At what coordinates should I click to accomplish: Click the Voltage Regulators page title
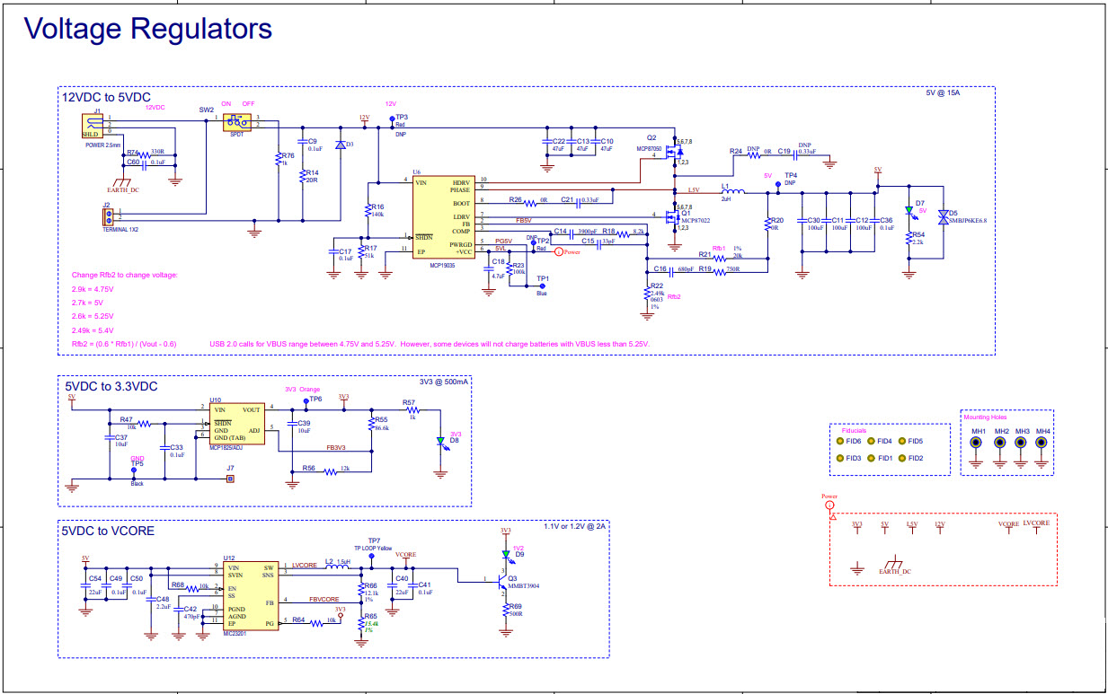coord(148,29)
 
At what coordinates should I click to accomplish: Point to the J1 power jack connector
coord(90,125)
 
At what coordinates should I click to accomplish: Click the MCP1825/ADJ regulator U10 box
coord(236,421)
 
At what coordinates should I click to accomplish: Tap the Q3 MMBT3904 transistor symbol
coord(497,579)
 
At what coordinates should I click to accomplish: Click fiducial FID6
coord(839,441)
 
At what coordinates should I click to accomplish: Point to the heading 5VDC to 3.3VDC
coord(110,386)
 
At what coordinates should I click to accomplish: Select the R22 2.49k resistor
coord(648,293)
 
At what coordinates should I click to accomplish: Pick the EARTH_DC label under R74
coord(123,190)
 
